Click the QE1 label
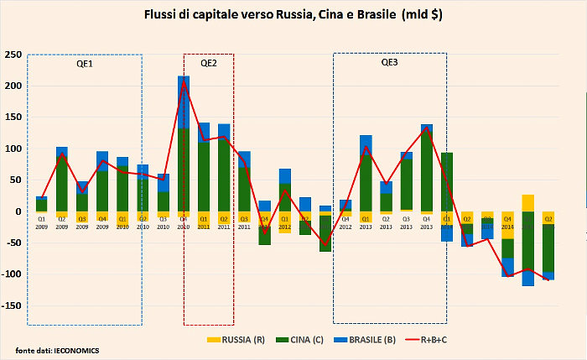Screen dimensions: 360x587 pyautogui.click(x=85, y=64)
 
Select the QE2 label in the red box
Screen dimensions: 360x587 pyautogui.click(x=209, y=63)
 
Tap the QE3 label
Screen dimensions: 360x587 pyautogui.click(x=390, y=63)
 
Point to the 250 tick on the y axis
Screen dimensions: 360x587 pyautogui.click(x=13, y=55)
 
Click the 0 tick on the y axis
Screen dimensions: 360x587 pyautogui.click(x=18, y=211)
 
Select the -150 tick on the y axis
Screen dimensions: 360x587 pyautogui.click(x=12, y=306)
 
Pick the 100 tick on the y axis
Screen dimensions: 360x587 pyautogui.click(x=13, y=149)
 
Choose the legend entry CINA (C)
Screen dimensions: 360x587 pyautogui.click(x=300, y=340)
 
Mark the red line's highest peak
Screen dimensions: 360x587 pyautogui.click(x=183, y=82)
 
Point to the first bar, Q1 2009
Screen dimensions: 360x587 pyautogui.click(x=41, y=204)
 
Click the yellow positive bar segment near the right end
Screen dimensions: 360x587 pyautogui.click(x=527, y=202)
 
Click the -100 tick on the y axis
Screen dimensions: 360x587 pyautogui.click(x=12, y=274)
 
